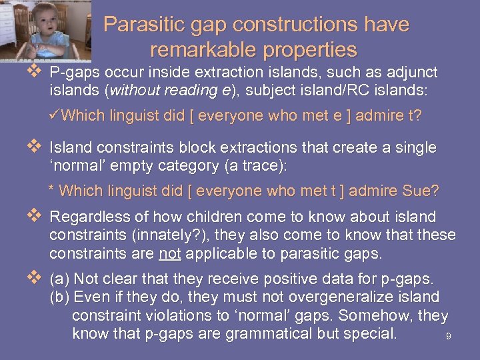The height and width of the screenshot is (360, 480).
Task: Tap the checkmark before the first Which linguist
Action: (55, 115)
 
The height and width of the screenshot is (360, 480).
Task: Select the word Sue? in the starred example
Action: (421, 191)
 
